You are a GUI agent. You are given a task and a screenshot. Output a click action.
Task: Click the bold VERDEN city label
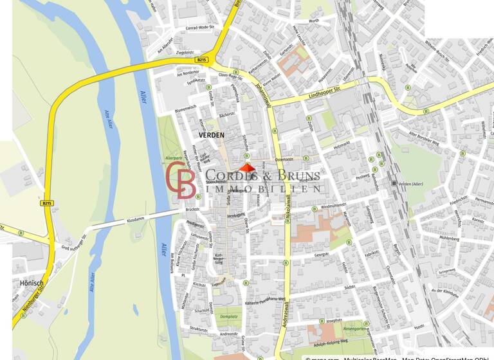pyautogui.click(x=212, y=135)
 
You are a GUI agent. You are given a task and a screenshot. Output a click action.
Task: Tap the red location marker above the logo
pyautogui.click(x=247, y=168)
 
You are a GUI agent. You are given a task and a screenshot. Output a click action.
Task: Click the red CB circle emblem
pyautogui.click(x=181, y=179)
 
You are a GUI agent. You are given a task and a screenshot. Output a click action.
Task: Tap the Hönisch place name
pyautogui.click(x=32, y=283)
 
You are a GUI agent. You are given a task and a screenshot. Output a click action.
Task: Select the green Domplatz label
pyautogui.click(x=228, y=316)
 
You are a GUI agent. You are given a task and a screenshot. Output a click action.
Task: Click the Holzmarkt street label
pyautogui.click(x=345, y=147)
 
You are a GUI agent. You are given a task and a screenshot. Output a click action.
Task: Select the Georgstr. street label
pyautogui.click(x=321, y=255)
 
